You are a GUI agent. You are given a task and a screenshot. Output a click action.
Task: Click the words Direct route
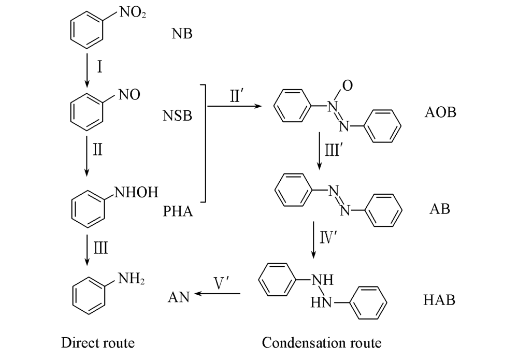(x=98, y=343)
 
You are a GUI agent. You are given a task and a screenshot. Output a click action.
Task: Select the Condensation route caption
(x=322, y=343)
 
